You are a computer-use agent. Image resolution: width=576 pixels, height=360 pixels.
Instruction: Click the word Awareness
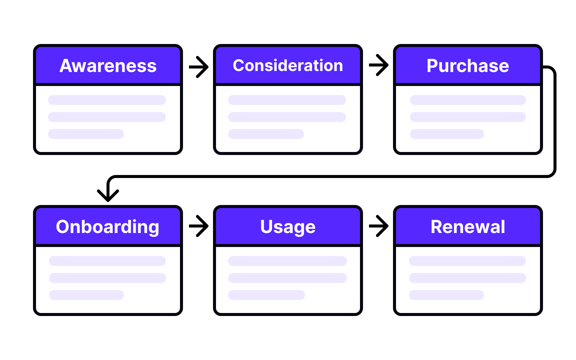108,66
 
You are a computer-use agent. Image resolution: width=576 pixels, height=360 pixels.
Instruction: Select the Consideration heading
288,65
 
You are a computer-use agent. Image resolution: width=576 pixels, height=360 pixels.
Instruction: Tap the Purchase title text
468,66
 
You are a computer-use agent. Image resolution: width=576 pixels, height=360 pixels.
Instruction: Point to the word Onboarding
107,227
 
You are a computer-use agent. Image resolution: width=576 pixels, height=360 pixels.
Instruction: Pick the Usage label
288,227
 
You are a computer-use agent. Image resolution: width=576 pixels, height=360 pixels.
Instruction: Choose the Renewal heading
468,227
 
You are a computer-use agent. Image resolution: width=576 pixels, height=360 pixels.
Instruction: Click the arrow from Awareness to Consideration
199,67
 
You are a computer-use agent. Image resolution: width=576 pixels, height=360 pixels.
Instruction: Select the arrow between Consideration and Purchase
379,65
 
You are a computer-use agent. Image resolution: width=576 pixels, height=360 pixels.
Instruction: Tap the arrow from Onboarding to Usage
199,226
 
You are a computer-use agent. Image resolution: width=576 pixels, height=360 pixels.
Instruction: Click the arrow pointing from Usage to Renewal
379,226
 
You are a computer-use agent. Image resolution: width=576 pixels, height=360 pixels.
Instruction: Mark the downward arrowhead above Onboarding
108,195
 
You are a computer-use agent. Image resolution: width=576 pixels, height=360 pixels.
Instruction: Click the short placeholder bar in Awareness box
86,134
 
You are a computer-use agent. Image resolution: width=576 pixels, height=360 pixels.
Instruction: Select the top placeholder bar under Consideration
287,100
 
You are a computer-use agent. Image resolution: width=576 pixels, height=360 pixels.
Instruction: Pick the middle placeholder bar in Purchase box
468,117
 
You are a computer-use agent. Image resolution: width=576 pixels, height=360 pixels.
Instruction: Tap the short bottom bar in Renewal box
446,295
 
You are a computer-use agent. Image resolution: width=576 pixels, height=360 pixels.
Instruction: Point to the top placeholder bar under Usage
287,261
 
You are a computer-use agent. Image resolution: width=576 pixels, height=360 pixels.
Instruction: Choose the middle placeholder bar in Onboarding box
107,278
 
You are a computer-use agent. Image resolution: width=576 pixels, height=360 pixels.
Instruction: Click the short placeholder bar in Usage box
266,295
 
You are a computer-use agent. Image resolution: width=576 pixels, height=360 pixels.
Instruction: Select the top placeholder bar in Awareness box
107,100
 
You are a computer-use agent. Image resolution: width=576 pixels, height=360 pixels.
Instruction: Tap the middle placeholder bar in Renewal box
467,278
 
